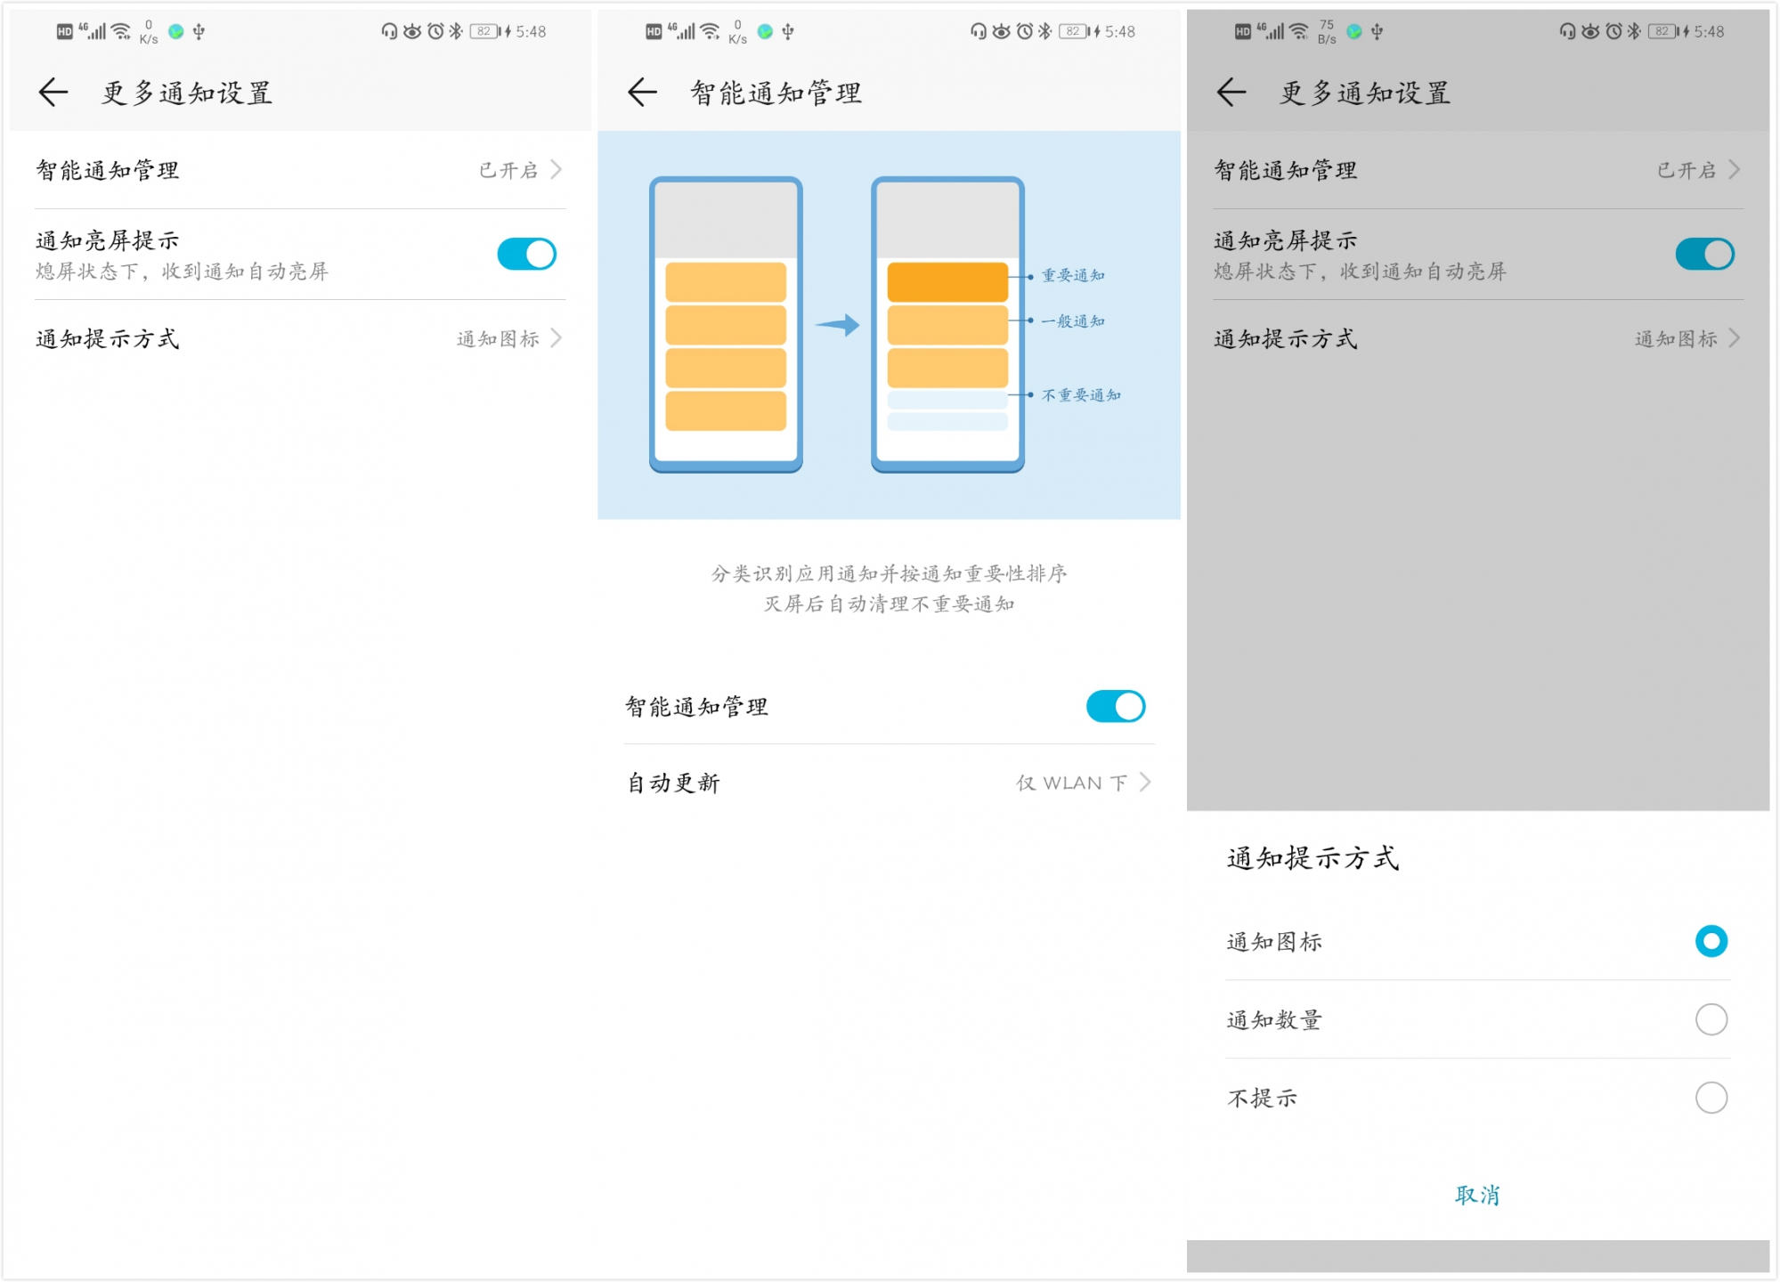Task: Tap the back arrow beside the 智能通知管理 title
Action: tap(642, 92)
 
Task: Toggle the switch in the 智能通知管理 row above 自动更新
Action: tap(1115, 707)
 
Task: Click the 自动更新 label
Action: tap(673, 783)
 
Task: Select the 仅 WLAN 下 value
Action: tap(1072, 783)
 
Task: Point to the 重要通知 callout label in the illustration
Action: tap(1073, 276)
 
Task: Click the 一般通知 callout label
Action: tap(1073, 321)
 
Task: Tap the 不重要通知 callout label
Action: tap(1081, 395)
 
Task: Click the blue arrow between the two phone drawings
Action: tap(837, 325)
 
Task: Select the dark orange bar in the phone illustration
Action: tap(947, 281)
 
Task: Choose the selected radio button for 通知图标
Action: tap(1711, 942)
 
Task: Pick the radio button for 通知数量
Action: tap(1711, 1019)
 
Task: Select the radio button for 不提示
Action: tap(1711, 1098)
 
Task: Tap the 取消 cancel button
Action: tap(1477, 1196)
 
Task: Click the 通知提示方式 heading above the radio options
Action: tap(1313, 858)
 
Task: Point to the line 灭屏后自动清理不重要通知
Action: tap(889, 604)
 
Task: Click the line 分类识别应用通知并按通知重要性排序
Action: tap(889, 574)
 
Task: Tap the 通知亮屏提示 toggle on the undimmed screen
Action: tap(526, 255)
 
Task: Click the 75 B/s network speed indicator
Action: tap(1327, 32)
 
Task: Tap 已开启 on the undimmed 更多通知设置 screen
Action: tap(509, 170)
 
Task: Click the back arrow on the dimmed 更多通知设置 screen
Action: tap(1231, 92)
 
